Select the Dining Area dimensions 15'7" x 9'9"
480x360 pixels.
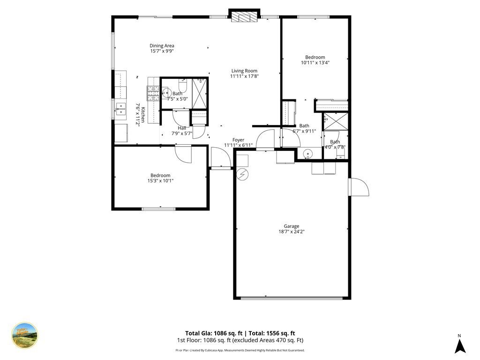[162, 52]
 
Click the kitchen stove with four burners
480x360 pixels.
[153, 90]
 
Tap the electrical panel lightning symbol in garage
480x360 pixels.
[242, 174]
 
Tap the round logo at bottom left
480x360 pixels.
[24, 336]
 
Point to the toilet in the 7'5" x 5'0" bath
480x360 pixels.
[183, 86]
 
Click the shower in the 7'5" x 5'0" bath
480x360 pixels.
[200, 93]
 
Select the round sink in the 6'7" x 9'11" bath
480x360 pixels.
[307, 153]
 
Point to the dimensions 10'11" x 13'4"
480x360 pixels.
[315, 63]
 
